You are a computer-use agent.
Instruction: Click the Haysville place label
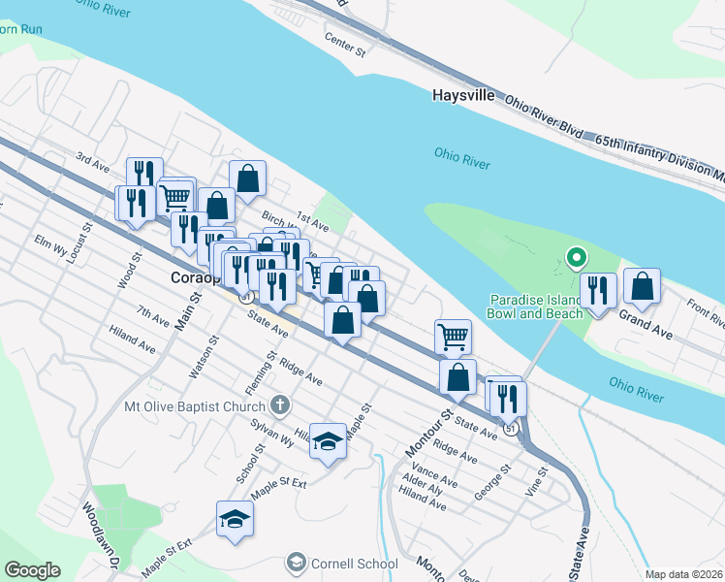point(463,97)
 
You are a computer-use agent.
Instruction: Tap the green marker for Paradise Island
point(577,258)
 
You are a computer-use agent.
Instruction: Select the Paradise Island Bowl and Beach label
point(536,306)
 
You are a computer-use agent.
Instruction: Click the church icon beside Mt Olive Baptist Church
point(280,404)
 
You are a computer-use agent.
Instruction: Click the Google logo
point(32,570)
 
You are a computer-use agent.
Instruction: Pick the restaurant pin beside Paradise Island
point(598,290)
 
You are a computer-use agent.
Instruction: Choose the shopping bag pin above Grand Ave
point(642,286)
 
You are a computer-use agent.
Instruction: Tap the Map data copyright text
point(683,574)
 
